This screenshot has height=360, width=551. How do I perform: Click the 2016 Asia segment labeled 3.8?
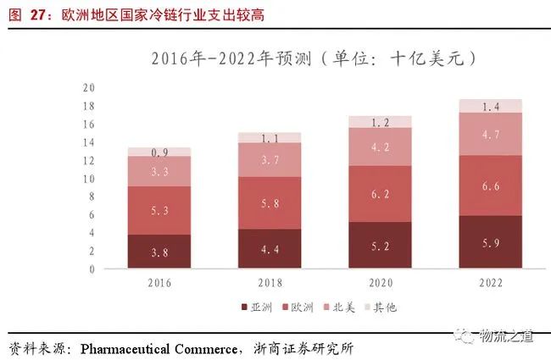(159, 252)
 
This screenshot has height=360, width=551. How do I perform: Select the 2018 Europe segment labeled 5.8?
(270, 203)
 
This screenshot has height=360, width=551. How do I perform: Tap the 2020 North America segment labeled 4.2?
(381, 147)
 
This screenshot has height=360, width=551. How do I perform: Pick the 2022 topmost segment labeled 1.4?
(491, 107)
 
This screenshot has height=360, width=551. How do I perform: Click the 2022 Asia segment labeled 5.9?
(491, 242)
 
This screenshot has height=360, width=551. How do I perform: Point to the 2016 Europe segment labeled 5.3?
(159, 210)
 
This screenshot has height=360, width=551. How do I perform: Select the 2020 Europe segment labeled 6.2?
(381, 194)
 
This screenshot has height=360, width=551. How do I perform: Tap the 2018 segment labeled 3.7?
(270, 159)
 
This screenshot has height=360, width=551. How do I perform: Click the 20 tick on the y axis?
(88, 88)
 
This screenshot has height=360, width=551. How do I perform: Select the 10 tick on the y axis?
(88, 179)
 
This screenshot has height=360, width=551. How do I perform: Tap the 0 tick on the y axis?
(91, 269)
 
